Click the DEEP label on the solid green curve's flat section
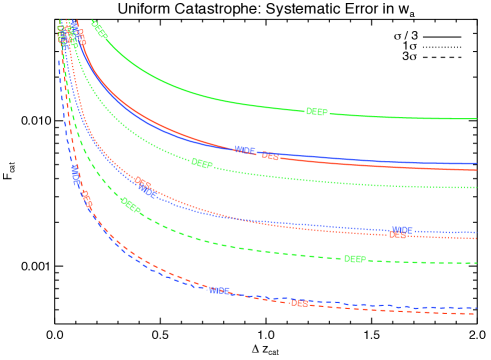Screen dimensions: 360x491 (x=316, y=112)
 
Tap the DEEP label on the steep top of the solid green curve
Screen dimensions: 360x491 (x=99, y=31)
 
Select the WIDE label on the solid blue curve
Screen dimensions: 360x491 (x=245, y=151)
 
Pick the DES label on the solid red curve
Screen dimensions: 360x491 (x=271, y=156)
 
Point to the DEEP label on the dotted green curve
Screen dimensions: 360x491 (x=202, y=164)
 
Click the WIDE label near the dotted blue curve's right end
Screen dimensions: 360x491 (x=401, y=230)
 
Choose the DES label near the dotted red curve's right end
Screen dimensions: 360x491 (x=398, y=236)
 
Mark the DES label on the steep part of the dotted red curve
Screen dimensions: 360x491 (x=143, y=184)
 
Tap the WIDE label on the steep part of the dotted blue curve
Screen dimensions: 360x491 (x=149, y=191)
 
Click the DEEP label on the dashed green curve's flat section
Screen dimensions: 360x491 (x=354, y=259)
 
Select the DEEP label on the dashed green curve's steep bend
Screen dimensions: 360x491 (x=131, y=206)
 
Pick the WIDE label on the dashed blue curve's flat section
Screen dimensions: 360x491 (x=219, y=291)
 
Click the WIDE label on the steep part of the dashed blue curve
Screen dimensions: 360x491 (x=76, y=177)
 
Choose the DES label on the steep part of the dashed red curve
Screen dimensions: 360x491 (x=87, y=199)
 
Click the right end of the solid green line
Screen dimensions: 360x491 (x=477, y=119)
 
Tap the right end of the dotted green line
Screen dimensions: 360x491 (x=477, y=187)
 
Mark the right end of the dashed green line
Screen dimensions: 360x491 (x=477, y=263)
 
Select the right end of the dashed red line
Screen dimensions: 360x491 (x=477, y=314)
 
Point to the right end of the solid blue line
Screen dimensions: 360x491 (x=477, y=163)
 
